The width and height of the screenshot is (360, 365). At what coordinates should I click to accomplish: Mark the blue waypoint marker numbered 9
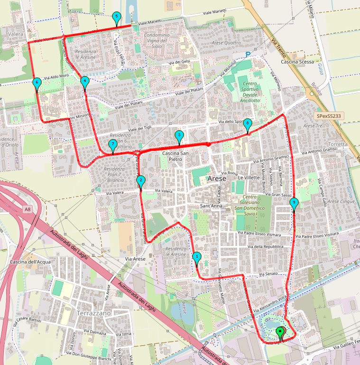click(294, 204)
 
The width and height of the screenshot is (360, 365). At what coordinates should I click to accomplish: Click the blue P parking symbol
click(248, 55)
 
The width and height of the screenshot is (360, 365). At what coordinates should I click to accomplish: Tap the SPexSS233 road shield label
click(329, 116)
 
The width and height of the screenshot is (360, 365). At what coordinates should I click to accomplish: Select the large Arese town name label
click(221, 179)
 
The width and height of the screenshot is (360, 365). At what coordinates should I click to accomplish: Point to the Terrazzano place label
click(93, 314)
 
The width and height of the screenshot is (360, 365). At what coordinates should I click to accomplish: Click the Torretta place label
click(337, 144)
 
